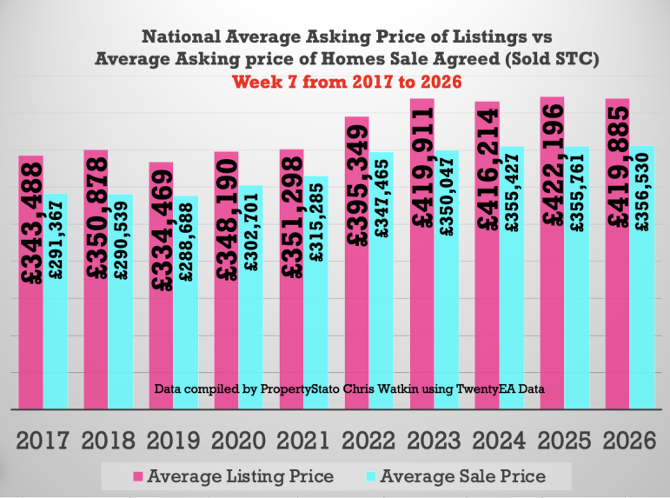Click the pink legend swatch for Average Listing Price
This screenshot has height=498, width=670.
point(137,476)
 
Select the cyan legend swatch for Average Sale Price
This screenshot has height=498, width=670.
point(367,476)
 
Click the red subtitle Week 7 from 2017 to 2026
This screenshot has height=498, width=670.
point(345,81)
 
